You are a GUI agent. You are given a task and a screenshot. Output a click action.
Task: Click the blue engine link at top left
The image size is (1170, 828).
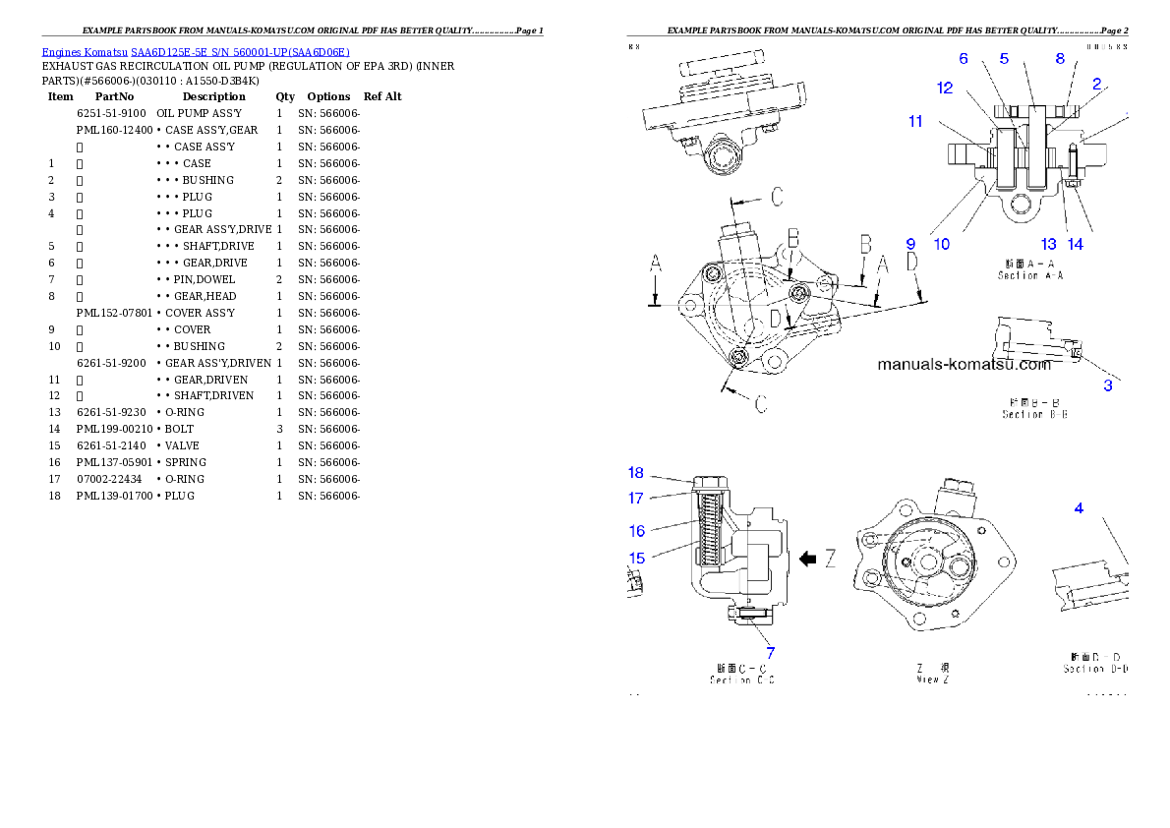(x=196, y=52)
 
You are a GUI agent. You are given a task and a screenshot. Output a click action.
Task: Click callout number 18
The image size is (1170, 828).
(x=636, y=473)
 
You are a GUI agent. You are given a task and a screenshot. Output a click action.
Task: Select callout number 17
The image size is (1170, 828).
(x=636, y=499)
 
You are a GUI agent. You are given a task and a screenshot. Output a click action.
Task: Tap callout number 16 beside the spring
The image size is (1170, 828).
(x=637, y=531)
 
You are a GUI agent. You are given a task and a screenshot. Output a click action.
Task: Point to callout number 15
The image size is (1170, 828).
(x=637, y=558)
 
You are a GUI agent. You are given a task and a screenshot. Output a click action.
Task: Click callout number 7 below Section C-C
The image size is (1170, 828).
(x=770, y=652)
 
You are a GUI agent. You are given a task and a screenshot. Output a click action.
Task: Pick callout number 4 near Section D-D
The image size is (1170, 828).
(x=1079, y=508)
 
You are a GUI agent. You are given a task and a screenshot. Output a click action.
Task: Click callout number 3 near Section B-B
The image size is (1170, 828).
(x=1108, y=385)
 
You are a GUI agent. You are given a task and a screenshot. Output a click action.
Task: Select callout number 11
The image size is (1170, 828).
(x=915, y=122)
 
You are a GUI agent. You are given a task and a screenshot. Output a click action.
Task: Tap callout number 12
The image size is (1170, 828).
(x=945, y=88)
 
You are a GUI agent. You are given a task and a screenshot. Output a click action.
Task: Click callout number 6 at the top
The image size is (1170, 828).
(x=964, y=59)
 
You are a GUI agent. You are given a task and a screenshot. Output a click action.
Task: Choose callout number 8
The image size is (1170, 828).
(x=1060, y=59)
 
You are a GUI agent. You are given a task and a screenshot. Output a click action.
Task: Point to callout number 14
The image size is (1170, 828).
(x=1076, y=244)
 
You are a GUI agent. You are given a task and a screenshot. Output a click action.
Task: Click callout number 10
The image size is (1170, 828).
(x=941, y=244)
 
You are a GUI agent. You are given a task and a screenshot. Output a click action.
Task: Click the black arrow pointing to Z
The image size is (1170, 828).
(x=808, y=559)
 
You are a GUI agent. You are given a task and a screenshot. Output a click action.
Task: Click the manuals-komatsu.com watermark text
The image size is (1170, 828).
(x=964, y=364)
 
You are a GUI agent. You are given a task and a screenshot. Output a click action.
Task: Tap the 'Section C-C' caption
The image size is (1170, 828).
(x=742, y=680)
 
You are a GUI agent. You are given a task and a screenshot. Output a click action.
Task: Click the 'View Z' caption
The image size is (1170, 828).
(x=932, y=679)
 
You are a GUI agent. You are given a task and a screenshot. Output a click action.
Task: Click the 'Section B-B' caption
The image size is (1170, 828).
(x=1034, y=414)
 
